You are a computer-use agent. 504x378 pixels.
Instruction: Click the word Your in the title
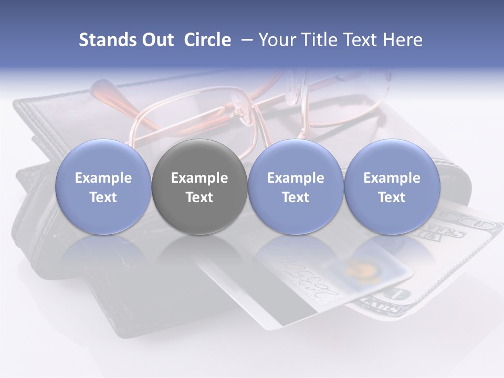[x=275, y=40]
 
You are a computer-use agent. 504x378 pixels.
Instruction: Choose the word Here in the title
[x=402, y=40]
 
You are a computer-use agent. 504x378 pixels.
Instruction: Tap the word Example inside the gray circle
[x=199, y=178]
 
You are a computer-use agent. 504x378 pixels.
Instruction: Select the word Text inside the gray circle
[x=199, y=197]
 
